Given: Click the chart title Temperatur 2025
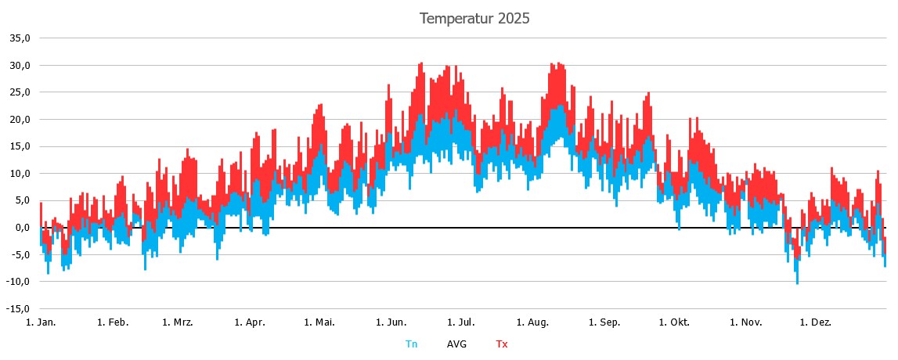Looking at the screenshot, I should click(474, 18).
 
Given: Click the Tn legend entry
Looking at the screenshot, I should click(411, 344).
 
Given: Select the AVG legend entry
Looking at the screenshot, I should click(456, 344).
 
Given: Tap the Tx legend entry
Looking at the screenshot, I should click(501, 344).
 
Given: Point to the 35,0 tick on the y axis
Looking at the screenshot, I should click(20, 38).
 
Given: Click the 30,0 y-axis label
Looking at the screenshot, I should click(20, 65).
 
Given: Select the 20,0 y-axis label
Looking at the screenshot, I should click(20, 119).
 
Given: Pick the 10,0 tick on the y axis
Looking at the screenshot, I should click(20, 173).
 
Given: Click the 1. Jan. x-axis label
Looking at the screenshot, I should click(41, 322).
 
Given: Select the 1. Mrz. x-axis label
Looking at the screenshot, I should click(178, 322).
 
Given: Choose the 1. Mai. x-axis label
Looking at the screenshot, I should click(319, 322).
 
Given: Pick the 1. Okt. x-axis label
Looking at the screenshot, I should click(674, 322).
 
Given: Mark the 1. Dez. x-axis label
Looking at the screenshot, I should click(816, 322).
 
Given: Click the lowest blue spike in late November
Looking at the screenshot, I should click(797, 282).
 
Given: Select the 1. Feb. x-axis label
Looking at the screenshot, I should click(113, 322).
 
